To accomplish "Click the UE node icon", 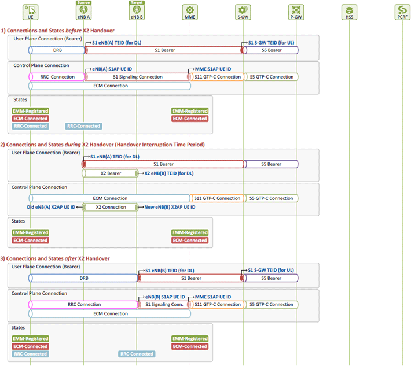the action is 31,12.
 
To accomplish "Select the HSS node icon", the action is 349,12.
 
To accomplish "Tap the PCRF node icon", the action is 402,12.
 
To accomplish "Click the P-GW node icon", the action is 296,12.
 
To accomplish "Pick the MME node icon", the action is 190,12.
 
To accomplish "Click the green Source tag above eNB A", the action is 83,3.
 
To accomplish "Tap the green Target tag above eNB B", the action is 137,3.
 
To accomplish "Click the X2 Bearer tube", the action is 110,173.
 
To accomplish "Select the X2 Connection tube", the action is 110,207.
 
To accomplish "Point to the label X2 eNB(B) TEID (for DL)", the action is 169,173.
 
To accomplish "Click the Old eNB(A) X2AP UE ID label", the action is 51,207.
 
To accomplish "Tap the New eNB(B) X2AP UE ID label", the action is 170,207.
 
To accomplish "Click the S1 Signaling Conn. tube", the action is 164,305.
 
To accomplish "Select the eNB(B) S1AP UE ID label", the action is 165,297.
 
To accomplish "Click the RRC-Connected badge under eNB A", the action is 83,126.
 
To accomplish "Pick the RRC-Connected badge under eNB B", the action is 137,354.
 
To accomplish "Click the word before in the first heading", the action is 74,31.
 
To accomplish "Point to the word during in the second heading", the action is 72,145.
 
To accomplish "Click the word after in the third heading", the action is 71,258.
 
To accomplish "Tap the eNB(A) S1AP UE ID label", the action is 112,69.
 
